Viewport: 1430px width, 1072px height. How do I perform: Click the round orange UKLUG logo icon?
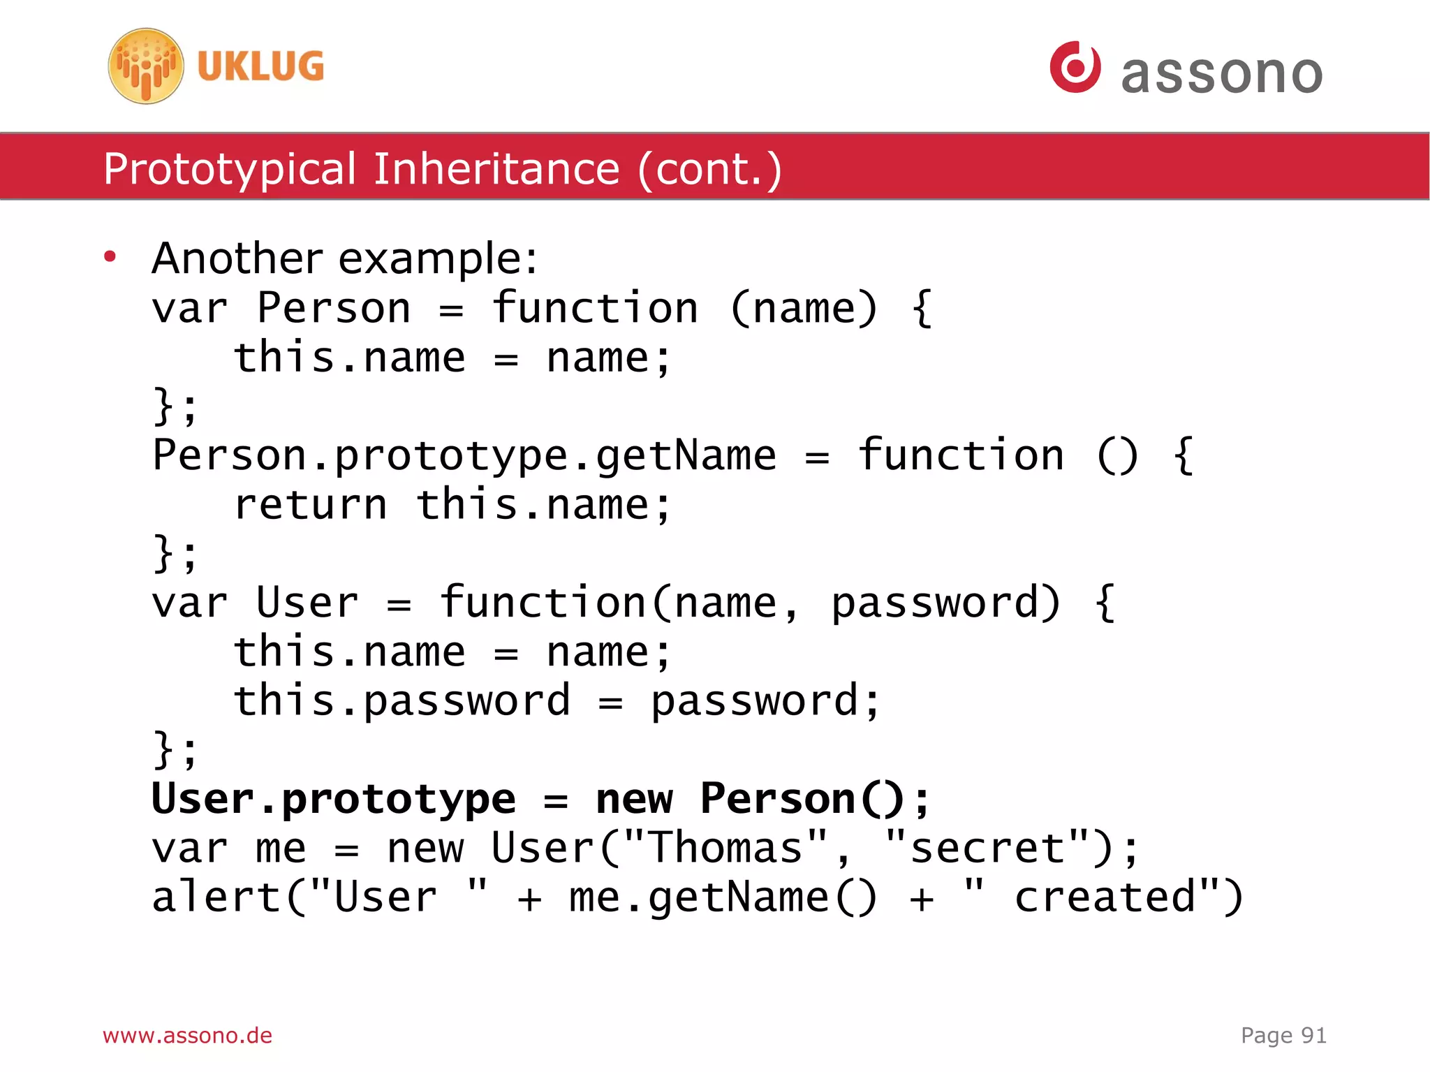[146, 66]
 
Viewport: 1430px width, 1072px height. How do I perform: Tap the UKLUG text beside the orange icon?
[260, 66]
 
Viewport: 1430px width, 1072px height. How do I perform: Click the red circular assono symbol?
[1075, 67]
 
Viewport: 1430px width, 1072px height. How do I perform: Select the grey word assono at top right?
[1221, 73]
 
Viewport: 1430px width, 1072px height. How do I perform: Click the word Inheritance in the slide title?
[496, 169]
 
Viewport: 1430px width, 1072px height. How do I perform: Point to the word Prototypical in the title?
[230, 169]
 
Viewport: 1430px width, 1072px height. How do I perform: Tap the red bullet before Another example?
[110, 257]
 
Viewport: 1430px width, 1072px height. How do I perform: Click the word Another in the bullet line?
[237, 258]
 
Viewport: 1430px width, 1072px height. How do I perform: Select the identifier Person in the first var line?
[334, 308]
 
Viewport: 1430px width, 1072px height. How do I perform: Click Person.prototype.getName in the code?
[464, 456]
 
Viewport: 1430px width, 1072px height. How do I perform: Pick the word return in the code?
[311, 505]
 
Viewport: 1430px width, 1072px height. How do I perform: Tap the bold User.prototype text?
[334, 799]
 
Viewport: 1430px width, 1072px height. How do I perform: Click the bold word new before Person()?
[634, 799]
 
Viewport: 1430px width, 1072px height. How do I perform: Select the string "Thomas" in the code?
[725, 849]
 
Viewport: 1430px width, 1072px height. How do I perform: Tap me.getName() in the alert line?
[723, 898]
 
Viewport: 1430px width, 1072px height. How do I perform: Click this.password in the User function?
[401, 701]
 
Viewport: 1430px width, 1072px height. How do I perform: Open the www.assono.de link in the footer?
[187, 1035]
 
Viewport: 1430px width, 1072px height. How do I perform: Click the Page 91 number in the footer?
[1283, 1035]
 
